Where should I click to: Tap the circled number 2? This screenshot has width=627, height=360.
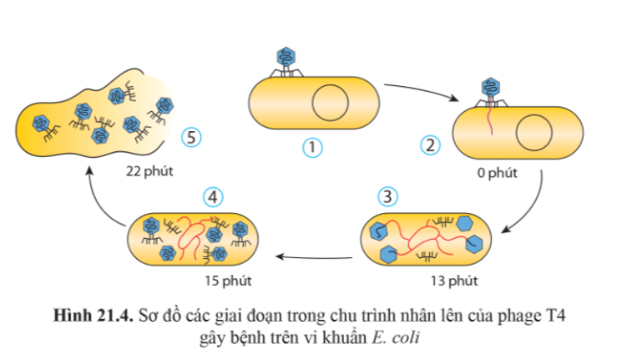click(431, 145)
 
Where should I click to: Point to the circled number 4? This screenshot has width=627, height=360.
click(213, 196)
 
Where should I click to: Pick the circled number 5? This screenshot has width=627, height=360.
click(192, 137)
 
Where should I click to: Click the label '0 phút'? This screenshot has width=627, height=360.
click(498, 174)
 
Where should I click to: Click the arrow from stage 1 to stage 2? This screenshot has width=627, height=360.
click(422, 89)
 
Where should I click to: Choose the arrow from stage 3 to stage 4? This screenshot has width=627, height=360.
click(314, 256)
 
